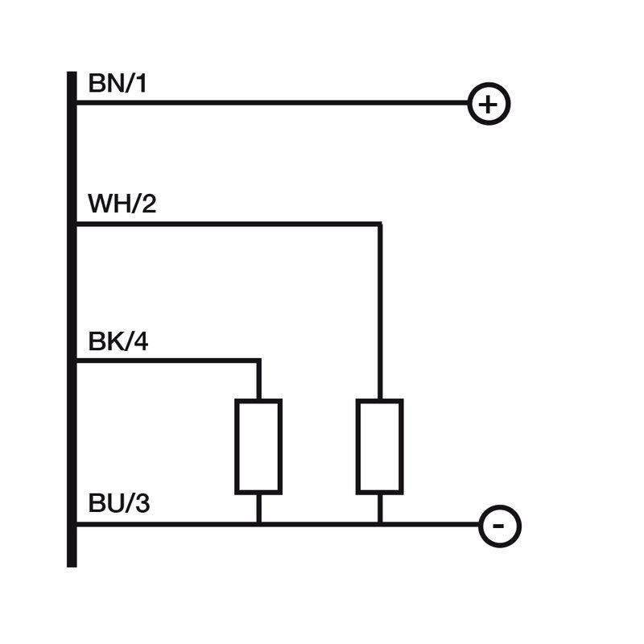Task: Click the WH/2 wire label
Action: coord(122,204)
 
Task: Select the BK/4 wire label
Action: coord(118,343)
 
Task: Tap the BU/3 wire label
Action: coord(118,506)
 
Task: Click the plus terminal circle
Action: coord(489,104)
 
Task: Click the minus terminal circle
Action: coord(499,526)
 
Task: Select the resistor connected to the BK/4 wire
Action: coord(258,446)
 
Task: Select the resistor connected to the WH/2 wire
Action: coord(379,446)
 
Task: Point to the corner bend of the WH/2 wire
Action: coord(379,225)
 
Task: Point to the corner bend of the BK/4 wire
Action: coord(258,361)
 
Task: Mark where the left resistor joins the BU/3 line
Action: coord(258,525)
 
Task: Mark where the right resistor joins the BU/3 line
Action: coord(379,525)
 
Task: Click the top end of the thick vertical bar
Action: coord(72,74)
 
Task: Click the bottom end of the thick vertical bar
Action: coord(72,564)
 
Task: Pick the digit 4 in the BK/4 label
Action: coord(141,343)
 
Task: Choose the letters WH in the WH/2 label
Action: coord(105,204)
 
